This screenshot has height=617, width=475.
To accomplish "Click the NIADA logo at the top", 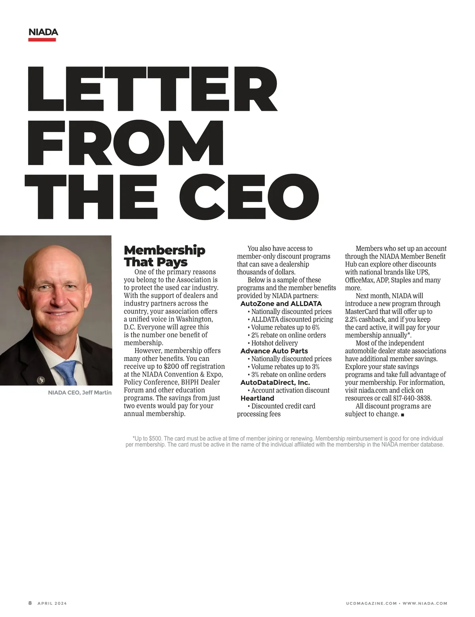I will (x=43, y=32).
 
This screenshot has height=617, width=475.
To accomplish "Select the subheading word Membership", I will (x=164, y=250).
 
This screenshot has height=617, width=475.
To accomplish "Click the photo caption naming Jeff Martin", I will (x=80, y=392).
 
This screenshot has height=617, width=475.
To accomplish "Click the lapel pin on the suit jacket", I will (x=40, y=381).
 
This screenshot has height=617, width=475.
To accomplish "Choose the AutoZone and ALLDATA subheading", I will (x=281, y=304).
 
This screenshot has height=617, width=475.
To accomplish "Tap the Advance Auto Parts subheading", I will (x=274, y=351).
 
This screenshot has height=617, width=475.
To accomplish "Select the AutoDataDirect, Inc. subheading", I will (x=275, y=383).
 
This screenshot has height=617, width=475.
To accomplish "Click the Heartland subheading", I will (x=257, y=398).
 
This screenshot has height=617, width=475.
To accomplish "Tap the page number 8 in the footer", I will (x=30, y=603).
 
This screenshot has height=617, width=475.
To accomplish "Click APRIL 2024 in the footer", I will (x=52, y=603).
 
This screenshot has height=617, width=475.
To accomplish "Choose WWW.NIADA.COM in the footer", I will (x=425, y=603).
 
